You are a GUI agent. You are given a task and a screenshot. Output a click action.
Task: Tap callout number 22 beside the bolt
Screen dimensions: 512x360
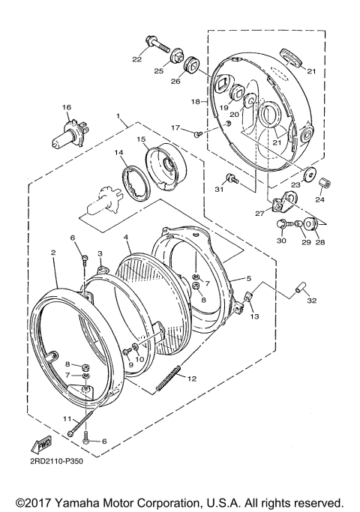(x=137, y=59)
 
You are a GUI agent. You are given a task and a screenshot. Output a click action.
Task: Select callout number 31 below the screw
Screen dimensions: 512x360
(x=219, y=190)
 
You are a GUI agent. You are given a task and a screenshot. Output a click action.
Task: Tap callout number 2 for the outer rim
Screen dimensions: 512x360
(x=53, y=254)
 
